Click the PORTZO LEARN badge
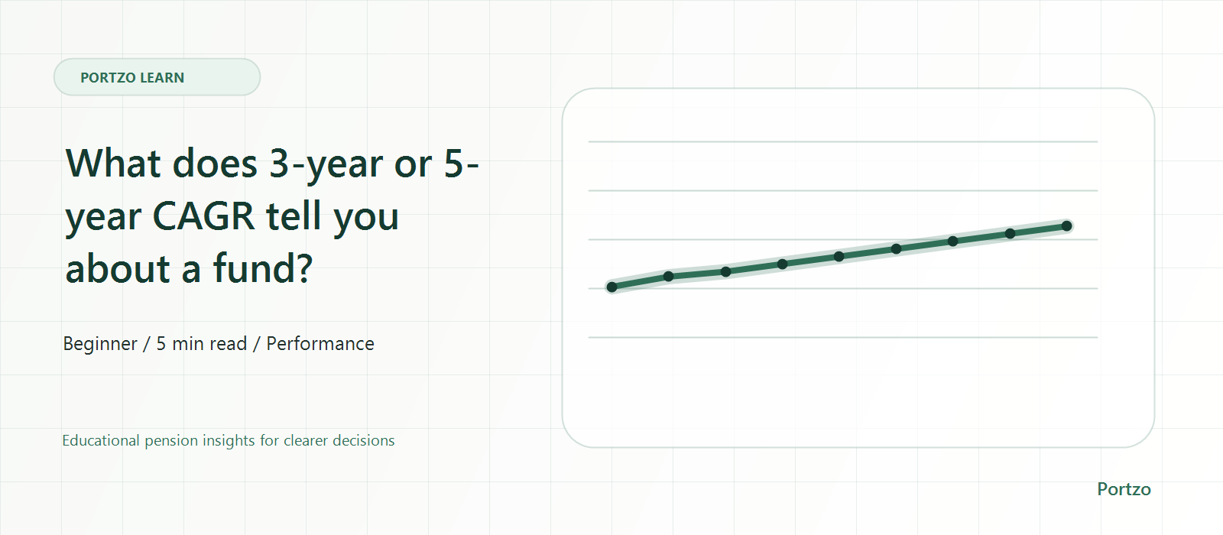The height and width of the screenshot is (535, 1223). tap(157, 77)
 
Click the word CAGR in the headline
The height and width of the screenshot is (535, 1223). tap(203, 216)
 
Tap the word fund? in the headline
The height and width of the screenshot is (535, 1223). tap(263, 268)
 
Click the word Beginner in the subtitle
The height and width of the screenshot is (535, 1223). tap(100, 344)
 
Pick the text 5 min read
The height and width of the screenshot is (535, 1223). tap(202, 343)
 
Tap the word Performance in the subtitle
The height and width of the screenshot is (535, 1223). tap(320, 343)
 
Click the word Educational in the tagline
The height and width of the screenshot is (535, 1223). tap(100, 440)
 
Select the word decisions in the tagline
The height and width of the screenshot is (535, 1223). tap(363, 440)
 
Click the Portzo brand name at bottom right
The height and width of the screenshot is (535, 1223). tap(1124, 489)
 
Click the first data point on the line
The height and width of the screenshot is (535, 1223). tap(612, 287)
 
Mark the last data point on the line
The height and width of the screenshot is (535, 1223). tap(1067, 226)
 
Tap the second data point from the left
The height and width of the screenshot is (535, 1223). tap(668, 276)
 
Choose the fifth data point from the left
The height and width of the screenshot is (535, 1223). tap(839, 257)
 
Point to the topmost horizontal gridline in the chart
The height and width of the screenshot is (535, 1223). tap(842, 142)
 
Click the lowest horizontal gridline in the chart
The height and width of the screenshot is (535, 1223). tap(842, 337)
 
